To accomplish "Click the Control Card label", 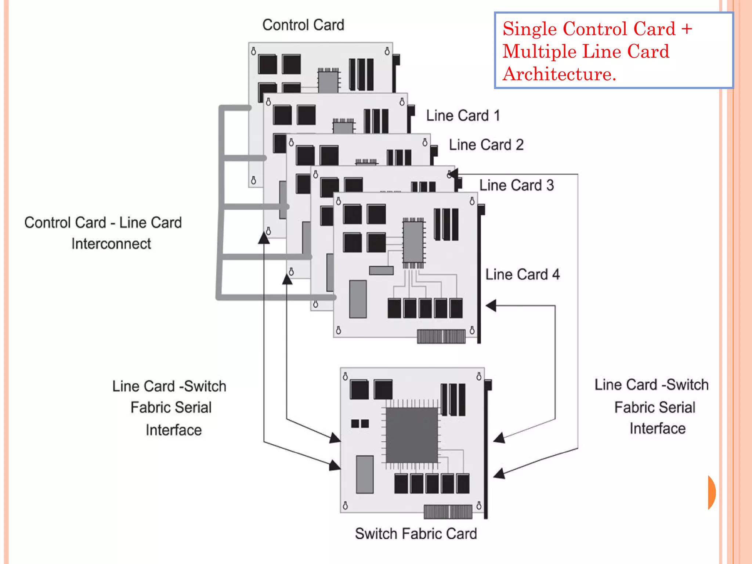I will point(303,25).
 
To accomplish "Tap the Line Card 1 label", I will point(463,116).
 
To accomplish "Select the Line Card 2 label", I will point(486,145).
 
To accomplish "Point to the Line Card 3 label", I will point(516,185).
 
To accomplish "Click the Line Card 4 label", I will point(522,274).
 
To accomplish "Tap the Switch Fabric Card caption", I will point(416,534).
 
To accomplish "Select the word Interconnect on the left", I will point(111,244).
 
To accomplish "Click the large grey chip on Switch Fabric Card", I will point(412,435).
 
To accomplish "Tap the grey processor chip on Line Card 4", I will point(413,242).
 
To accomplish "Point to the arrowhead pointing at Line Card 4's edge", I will point(491,305).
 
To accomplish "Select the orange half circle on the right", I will point(712,492).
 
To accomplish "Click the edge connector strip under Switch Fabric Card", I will point(448,511).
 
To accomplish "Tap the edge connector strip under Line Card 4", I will point(441,336).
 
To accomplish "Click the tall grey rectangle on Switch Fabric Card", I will point(365,474).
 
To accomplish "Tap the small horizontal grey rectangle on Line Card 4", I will point(381,271).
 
